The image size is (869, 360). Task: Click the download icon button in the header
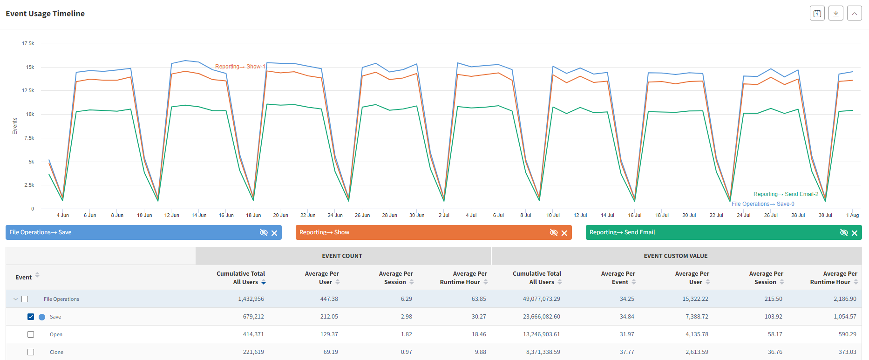click(836, 14)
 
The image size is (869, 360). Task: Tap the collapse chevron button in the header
click(855, 14)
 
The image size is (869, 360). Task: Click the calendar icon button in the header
click(817, 14)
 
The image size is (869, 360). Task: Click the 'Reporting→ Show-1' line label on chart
click(240, 67)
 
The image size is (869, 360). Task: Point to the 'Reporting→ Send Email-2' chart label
click(786, 194)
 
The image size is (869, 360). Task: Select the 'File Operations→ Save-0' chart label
click(763, 204)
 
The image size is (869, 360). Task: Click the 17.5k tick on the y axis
click(28, 43)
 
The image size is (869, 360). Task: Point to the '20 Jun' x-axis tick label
click(280, 215)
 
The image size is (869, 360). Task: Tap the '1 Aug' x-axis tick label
click(852, 215)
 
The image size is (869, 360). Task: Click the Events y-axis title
click(15, 126)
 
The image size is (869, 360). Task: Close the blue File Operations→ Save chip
click(274, 233)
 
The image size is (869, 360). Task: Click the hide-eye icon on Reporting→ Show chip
click(554, 232)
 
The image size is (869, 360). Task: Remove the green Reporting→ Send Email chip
click(855, 233)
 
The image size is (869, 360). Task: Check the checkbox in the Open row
click(31, 334)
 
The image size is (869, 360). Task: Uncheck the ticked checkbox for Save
click(31, 317)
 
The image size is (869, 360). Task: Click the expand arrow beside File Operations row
click(15, 299)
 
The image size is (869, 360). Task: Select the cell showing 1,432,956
click(251, 299)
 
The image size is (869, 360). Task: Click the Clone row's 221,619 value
click(253, 352)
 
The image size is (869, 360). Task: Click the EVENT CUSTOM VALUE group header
click(675, 256)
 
